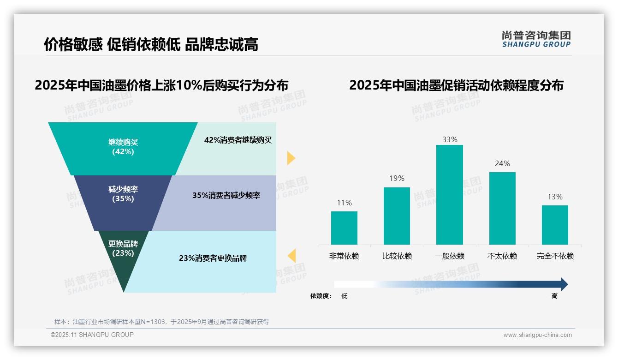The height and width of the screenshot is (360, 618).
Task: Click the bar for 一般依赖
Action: (x=449, y=194)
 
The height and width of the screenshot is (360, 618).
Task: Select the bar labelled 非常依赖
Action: (x=344, y=228)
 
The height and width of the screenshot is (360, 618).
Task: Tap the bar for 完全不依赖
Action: (x=555, y=225)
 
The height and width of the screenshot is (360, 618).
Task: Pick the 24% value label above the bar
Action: (x=502, y=164)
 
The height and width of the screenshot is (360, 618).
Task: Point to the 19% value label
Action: (x=397, y=179)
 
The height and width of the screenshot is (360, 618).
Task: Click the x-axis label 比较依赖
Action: (x=397, y=256)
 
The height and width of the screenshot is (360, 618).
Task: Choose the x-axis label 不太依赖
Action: (x=502, y=256)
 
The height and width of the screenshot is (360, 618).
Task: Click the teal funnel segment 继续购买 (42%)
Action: (x=123, y=148)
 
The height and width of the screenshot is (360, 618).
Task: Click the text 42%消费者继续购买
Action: (x=238, y=140)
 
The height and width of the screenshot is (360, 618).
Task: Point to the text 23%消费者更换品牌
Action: (x=213, y=258)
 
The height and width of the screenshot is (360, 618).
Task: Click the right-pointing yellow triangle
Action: (x=291, y=158)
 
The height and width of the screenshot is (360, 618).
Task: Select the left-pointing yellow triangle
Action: (x=291, y=256)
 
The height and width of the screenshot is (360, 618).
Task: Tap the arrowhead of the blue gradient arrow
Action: (x=564, y=284)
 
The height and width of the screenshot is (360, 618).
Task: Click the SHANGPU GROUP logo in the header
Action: (x=536, y=39)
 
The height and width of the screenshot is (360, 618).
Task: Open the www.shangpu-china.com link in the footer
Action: (x=537, y=335)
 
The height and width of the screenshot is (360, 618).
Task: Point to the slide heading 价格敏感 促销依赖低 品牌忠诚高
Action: (x=151, y=44)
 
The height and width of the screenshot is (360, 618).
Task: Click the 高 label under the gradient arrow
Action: (x=554, y=296)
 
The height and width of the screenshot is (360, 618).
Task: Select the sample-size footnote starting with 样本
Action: (x=161, y=322)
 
